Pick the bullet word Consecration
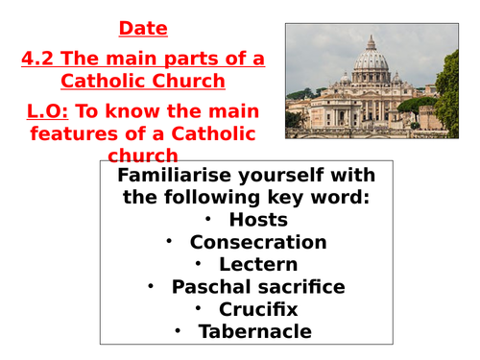[x=258, y=242]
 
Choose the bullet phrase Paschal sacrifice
[x=258, y=286]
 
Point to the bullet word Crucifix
[x=259, y=308]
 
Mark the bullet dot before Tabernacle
[x=178, y=331]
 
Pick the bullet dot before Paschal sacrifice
[x=151, y=286]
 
